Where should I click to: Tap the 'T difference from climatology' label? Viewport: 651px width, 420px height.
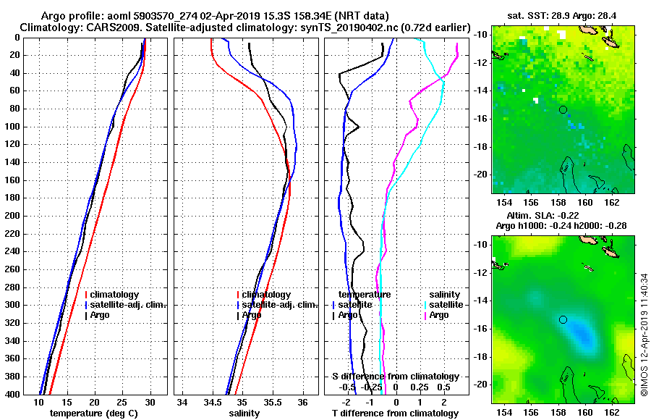pyautogui.click(x=395, y=413)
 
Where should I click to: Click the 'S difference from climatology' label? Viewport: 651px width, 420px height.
pyautogui.click(x=395, y=377)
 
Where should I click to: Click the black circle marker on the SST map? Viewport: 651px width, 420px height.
pyautogui.click(x=563, y=109)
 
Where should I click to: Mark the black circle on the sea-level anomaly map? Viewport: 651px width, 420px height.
pyautogui.click(x=563, y=319)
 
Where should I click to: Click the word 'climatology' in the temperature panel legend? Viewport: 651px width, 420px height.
pyautogui.click(x=115, y=295)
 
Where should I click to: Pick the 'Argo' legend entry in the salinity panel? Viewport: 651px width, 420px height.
pyautogui.click(x=252, y=315)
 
